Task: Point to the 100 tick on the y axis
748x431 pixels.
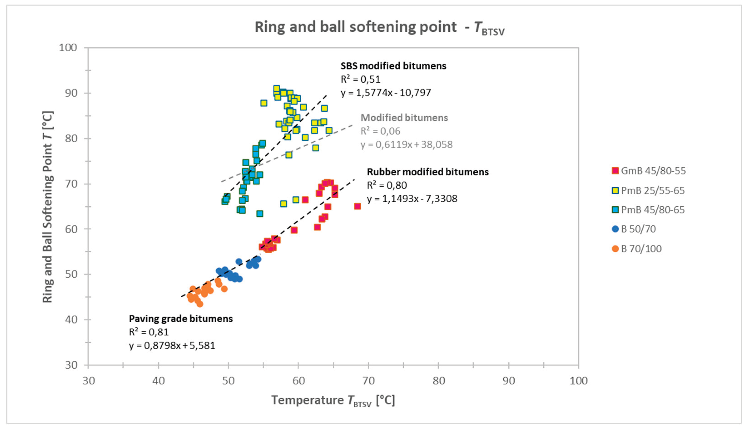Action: [x=68, y=48]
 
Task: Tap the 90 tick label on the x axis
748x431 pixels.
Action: [x=509, y=381]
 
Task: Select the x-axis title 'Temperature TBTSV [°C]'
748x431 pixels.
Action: [x=333, y=401]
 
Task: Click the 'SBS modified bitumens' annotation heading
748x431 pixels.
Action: [x=393, y=66]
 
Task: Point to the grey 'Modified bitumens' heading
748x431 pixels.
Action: [x=404, y=118]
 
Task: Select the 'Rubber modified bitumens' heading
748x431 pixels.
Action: [x=428, y=172]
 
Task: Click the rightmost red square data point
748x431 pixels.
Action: [x=357, y=206]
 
